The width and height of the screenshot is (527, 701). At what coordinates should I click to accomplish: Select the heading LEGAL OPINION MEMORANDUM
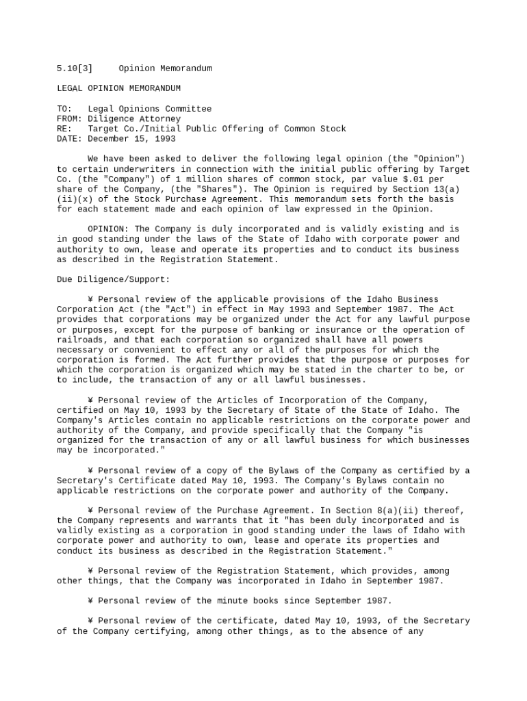118,88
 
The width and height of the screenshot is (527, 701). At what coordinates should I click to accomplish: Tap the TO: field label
64,109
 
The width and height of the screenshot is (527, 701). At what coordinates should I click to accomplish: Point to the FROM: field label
68,119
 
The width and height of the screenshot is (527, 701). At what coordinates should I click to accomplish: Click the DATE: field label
68,139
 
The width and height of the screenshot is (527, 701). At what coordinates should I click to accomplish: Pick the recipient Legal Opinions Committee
149,109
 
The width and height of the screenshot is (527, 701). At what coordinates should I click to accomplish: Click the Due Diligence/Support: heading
113,279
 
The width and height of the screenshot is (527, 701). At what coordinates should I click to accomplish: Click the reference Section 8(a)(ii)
417,510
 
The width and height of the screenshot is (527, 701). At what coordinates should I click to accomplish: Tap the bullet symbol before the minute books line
90,600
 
